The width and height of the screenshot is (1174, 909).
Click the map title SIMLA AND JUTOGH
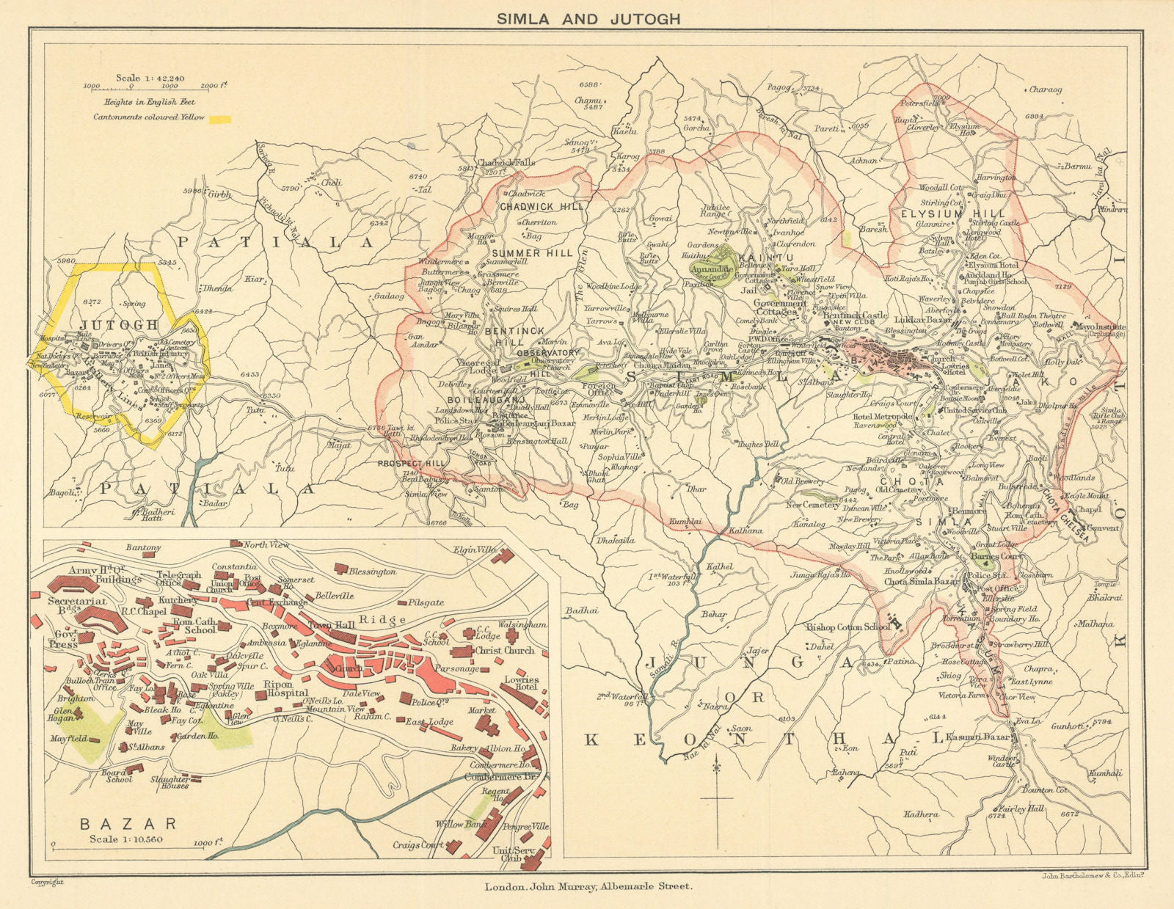pyautogui.click(x=588, y=19)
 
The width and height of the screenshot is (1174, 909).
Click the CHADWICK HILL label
pyautogui.click(x=542, y=207)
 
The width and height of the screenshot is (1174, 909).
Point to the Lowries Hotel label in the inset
pyautogui.click(x=522, y=684)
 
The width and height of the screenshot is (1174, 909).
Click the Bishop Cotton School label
pyautogui.click(x=848, y=627)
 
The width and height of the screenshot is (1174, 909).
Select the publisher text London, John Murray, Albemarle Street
pyautogui.click(x=588, y=886)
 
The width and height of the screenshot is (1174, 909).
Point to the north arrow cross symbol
pyautogui.click(x=718, y=796)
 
